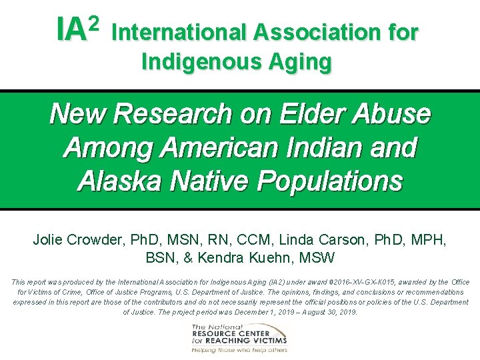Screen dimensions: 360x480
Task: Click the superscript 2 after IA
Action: (93, 25)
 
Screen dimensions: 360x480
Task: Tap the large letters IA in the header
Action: (71, 30)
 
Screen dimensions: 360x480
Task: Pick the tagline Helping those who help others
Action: (239, 349)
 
